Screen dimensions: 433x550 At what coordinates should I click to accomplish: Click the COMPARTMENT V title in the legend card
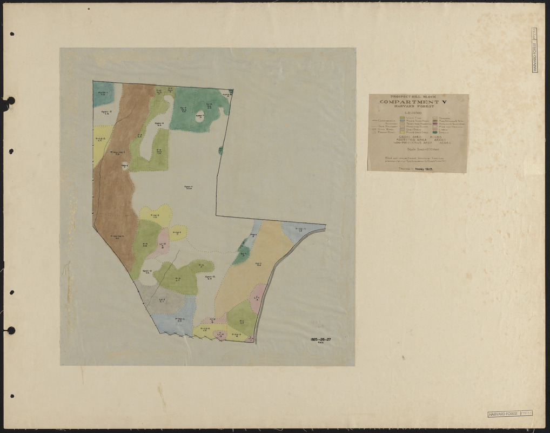pos(418,101)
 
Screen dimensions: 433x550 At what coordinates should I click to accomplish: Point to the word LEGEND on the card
pos(418,112)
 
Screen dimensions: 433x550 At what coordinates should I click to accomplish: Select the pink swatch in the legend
pos(435,128)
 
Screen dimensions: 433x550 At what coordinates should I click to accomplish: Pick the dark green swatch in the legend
pos(435,132)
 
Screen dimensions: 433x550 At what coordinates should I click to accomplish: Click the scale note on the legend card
pos(418,149)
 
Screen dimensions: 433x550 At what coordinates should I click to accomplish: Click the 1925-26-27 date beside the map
pos(321,339)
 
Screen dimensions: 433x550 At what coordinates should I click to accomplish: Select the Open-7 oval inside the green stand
pos(199,116)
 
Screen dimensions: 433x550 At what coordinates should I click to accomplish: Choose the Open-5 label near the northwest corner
pos(106,113)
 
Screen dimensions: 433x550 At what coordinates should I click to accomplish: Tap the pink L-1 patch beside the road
pos(258,298)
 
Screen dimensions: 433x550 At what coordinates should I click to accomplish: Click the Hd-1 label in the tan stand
pos(258,264)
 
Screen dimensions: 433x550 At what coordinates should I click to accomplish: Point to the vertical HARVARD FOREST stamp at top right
pos(534,50)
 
